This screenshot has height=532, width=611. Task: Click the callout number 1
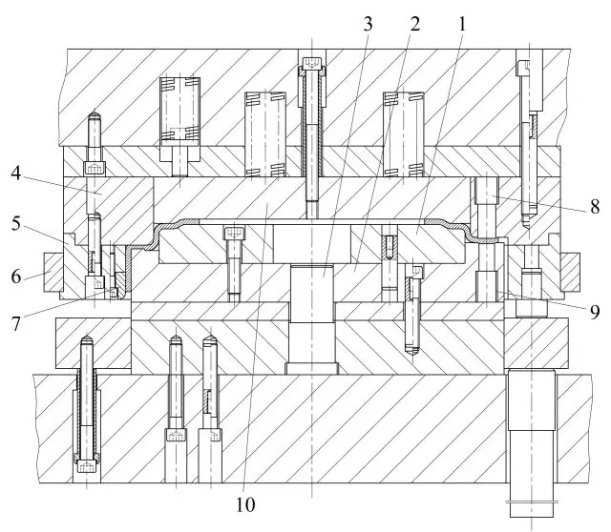462,24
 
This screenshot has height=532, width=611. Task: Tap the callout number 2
415,24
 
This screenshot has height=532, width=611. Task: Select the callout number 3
368,24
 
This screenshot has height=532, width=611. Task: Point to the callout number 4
15,174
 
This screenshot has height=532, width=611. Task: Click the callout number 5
15,224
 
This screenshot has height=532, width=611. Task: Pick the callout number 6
15,276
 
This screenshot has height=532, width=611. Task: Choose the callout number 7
15,324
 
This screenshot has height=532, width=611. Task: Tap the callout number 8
595,207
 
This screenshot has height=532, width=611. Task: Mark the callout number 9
595,312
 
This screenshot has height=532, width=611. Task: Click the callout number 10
245,504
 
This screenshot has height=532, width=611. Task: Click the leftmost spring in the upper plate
179,109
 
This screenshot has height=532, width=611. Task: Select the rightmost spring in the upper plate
403,134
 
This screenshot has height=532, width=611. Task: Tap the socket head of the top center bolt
312,63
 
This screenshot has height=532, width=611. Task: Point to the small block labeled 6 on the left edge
53,272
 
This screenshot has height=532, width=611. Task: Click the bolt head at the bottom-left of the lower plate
87,466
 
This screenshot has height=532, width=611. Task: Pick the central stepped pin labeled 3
312,319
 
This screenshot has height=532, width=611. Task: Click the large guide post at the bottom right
531,443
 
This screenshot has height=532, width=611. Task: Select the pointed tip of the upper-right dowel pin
527,227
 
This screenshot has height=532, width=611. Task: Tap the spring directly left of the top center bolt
265,134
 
